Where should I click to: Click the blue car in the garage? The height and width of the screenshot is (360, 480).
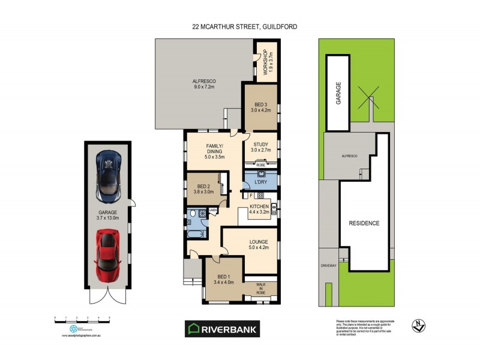click(x=109, y=176)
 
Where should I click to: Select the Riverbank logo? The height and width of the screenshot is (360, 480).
click(x=222, y=328)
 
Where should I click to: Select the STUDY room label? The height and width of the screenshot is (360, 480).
click(x=260, y=147)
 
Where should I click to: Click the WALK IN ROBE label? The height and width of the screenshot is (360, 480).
click(x=260, y=288)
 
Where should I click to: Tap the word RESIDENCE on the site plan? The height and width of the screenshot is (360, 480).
click(x=364, y=223)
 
